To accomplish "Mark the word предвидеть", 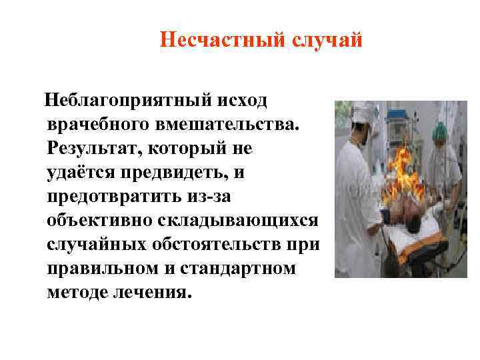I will click(x=175, y=173).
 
